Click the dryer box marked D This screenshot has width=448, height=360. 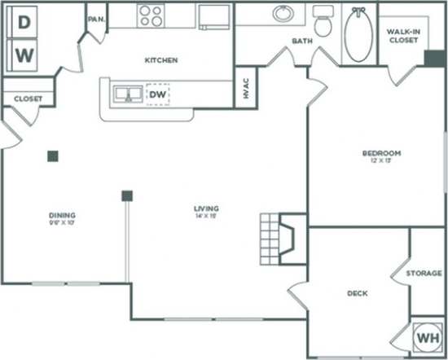point(25,24)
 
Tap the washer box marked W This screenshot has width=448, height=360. point(25,55)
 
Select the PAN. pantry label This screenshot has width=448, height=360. point(95,18)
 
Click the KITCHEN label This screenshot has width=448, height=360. point(161,60)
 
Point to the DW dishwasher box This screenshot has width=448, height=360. point(158,94)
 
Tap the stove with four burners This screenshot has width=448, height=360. point(151,15)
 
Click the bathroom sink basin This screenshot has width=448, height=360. point(283,14)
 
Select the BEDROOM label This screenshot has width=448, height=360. point(381,153)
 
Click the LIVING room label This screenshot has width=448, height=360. point(206,209)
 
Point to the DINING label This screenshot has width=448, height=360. point(62,216)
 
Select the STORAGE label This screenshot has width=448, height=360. point(424,274)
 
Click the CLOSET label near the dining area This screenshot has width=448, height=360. point(28,99)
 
